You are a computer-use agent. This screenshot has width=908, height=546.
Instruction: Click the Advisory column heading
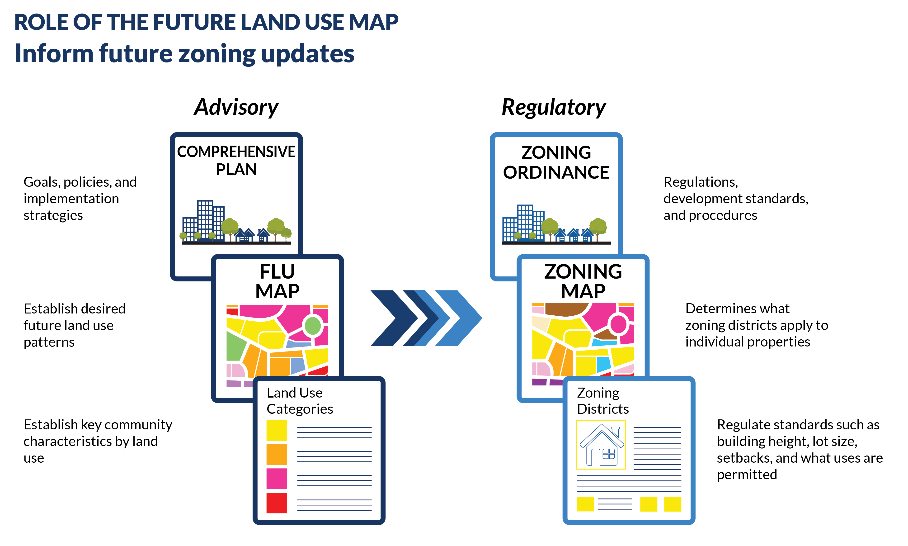[x=236, y=107]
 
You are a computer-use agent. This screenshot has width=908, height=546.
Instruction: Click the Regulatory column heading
[x=554, y=107]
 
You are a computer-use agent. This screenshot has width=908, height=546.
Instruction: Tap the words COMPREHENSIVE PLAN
[x=236, y=160]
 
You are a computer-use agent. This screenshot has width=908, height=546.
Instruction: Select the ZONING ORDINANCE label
[x=556, y=162]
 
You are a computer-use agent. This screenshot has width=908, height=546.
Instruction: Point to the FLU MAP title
[x=277, y=281]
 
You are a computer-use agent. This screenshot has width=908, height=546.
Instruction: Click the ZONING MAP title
[x=583, y=281]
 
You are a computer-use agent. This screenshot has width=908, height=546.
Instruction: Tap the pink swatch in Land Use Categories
[x=277, y=479]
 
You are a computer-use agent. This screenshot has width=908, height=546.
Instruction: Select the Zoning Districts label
[x=602, y=401]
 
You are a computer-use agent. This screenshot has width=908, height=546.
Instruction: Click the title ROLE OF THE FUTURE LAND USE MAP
[x=206, y=22]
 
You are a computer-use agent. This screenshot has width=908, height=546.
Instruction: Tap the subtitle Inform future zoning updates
[x=184, y=54]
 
